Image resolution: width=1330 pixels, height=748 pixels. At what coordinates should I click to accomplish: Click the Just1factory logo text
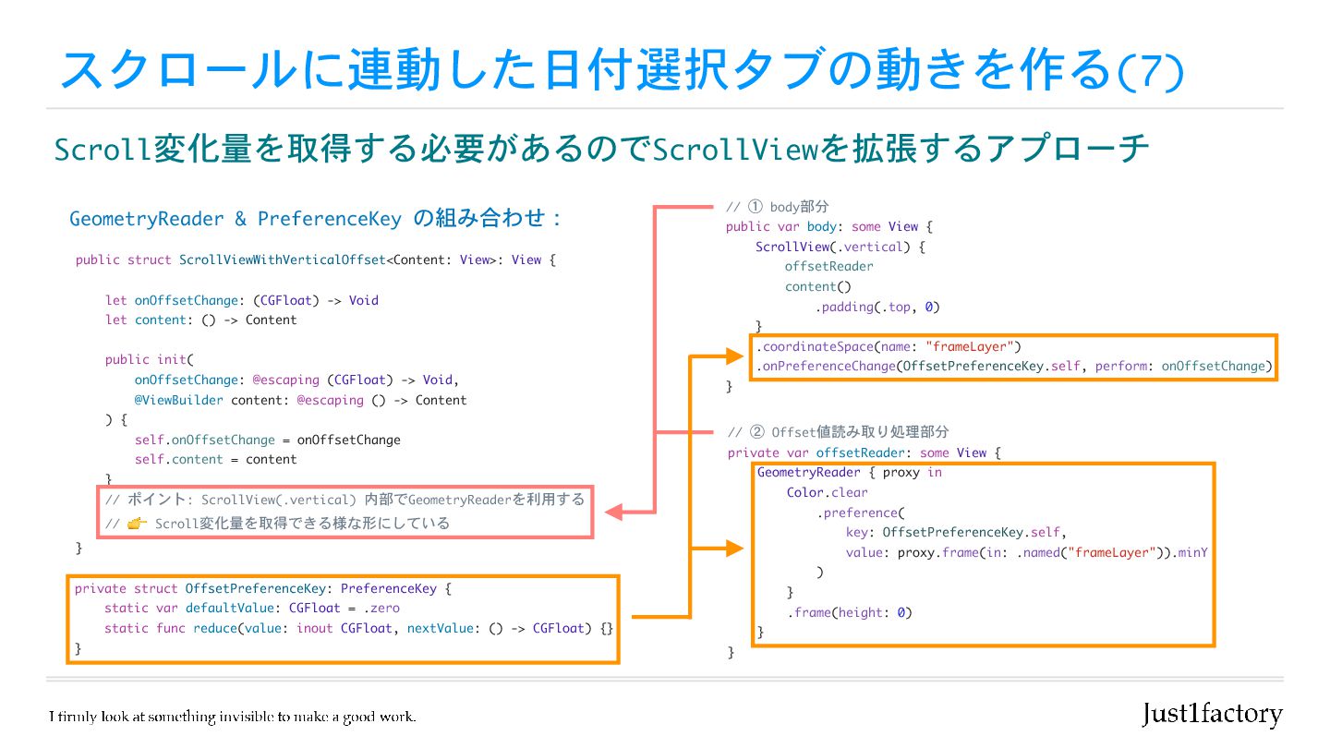(x=1212, y=714)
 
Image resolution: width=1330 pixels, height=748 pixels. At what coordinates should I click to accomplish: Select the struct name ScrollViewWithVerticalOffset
(x=282, y=260)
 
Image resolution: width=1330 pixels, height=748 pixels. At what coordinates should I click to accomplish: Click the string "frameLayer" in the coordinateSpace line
(x=973, y=347)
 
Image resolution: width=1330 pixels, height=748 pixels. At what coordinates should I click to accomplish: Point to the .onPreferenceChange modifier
(x=827, y=367)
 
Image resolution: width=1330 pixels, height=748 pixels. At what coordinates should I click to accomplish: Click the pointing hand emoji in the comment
(x=138, y=524)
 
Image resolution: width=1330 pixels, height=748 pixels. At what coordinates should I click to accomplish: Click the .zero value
(x=381, y=609)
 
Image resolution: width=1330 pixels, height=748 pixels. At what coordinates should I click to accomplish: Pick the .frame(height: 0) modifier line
(x=849, y=613)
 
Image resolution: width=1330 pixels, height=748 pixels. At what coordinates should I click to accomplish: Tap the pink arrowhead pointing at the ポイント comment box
(x=614, y=511)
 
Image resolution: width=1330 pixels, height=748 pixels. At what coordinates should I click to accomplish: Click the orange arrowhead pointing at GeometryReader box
(x=735, y=549)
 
